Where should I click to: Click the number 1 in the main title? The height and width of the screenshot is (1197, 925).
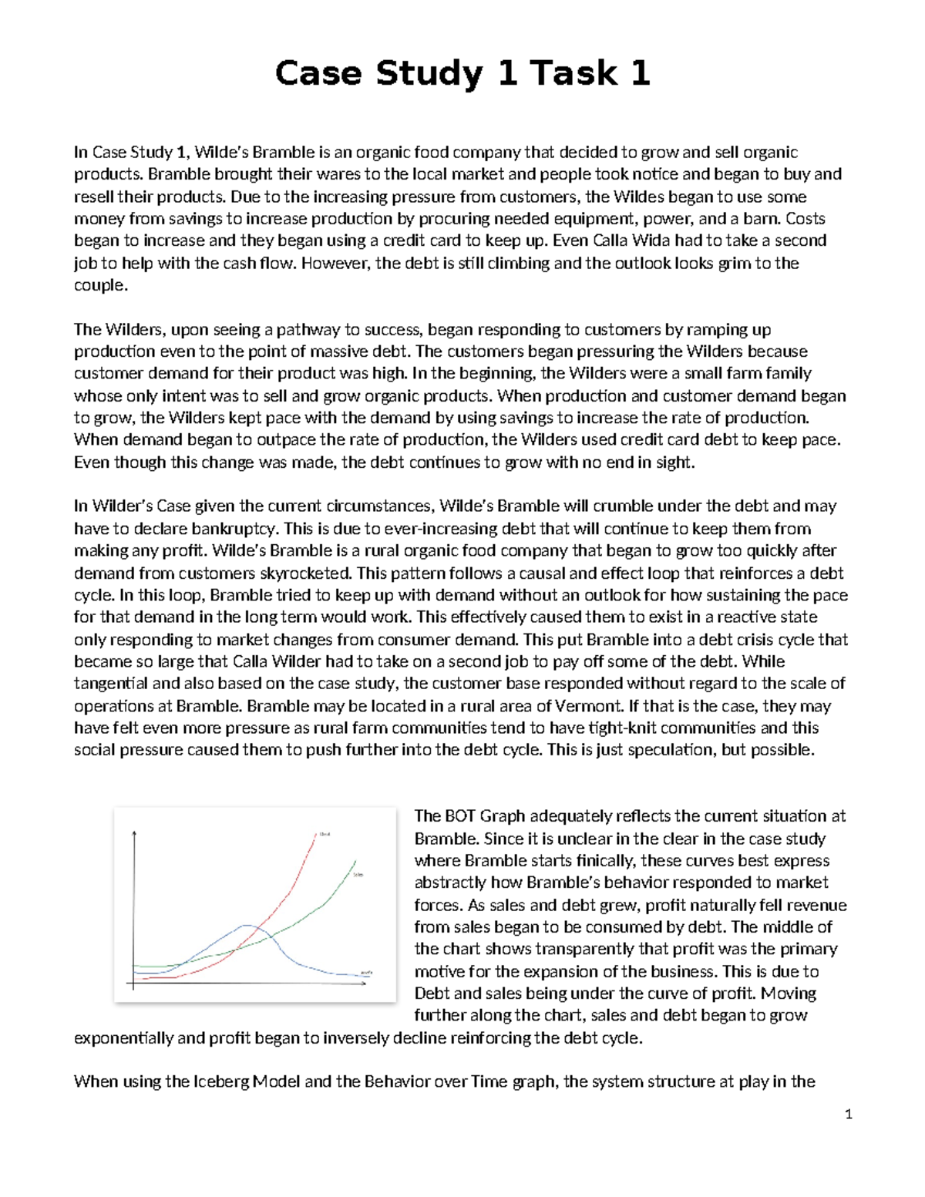pyautogui.click(x=506, y=74)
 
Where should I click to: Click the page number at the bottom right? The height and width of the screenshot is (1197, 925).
pyautogui.click(x=848, y=1114)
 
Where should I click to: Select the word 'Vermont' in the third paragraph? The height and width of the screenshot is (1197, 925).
pyautogui.click(x=593, y=706)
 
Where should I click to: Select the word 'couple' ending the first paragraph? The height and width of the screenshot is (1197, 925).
pyautogui.click(x=99, y=285)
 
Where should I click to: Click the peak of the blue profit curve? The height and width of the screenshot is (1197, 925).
pyautogui.click(x=247, y=924)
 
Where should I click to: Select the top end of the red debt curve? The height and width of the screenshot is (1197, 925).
pyautogui.click(x=316, y=834)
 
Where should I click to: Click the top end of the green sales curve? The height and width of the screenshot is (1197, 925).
pyautogui.click(x=355, y=861)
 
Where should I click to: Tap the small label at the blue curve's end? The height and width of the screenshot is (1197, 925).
pyautogui.click(x=367, y=973)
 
